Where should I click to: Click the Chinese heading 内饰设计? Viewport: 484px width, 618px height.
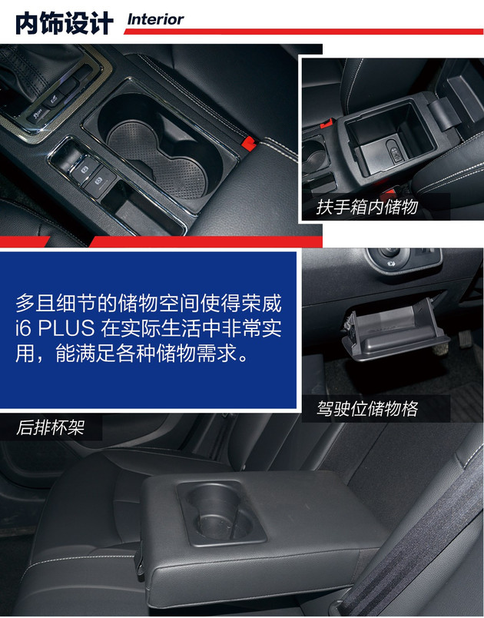[x=64, y=23]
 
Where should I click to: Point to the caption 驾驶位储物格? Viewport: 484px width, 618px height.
[x=367, y=408]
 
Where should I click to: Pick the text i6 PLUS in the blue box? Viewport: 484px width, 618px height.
[x=53, y=329]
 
